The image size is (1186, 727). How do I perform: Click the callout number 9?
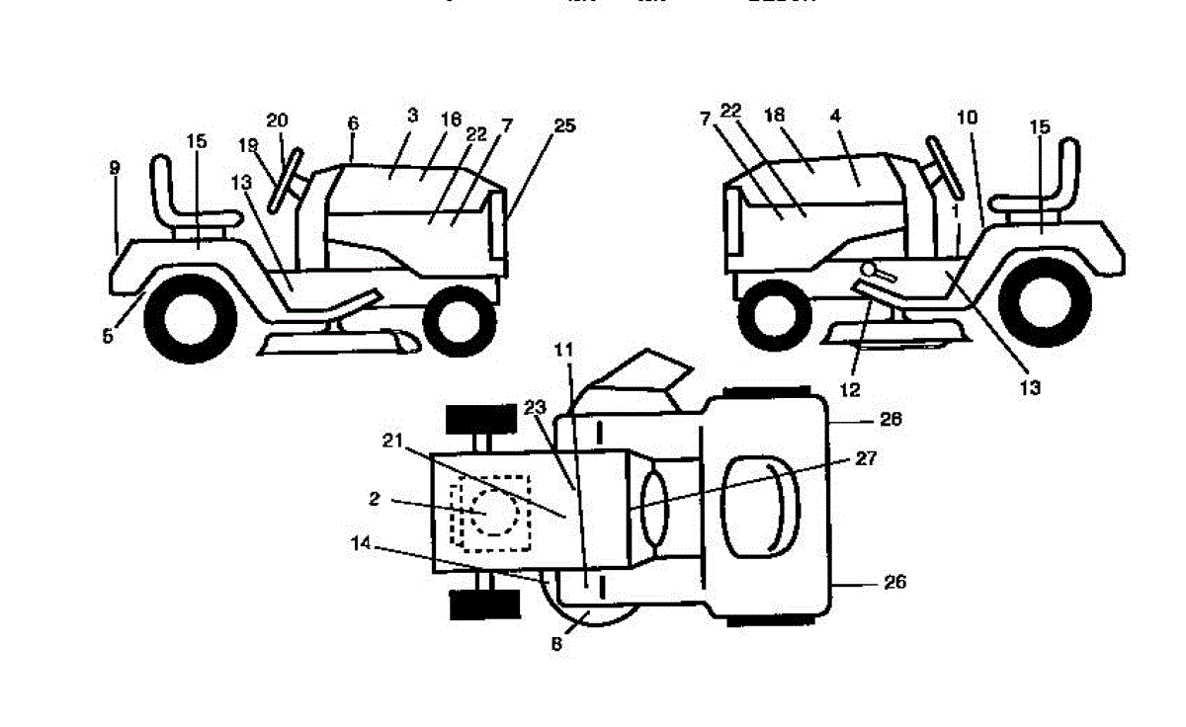click(115, 169)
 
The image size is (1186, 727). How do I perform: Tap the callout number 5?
click(108, 336)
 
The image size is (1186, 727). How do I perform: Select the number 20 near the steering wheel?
click(277, 121)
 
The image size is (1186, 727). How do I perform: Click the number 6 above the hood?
click(353, 123)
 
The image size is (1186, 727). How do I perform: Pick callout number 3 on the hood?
click(412, 116)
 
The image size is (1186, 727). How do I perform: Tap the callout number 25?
click(564, 125)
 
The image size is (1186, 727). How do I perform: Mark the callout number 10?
click(967, 118)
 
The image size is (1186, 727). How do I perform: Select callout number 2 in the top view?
click(375, 500)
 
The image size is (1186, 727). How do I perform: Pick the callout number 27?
click(867, 458)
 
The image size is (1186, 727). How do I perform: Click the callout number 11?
click(564, 350)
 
